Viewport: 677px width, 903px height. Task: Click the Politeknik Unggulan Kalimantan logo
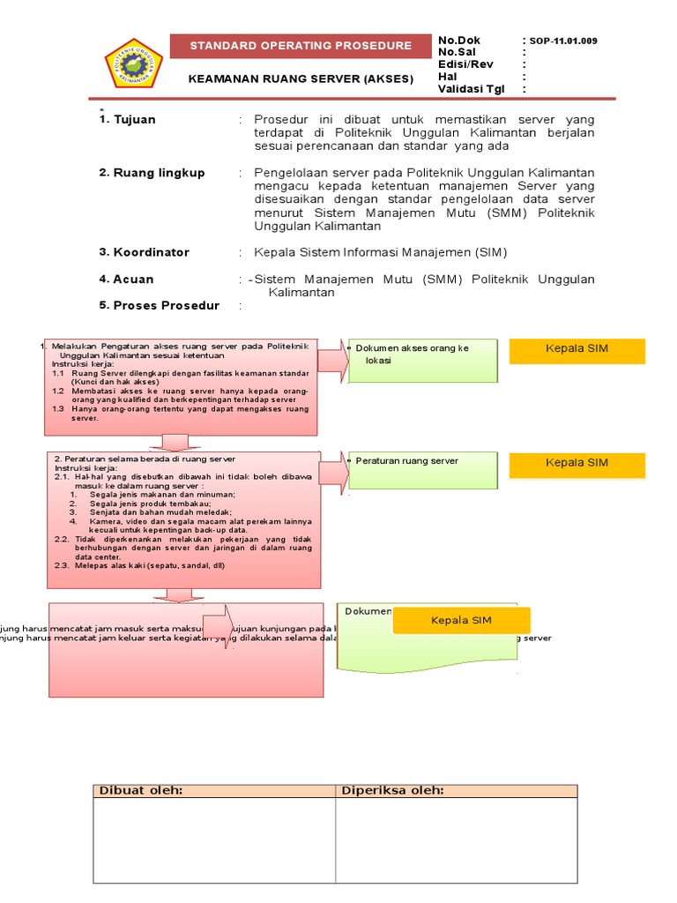(133, 63)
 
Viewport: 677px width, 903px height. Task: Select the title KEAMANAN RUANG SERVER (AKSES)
(301, 78)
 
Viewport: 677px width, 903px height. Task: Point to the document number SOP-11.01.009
(563, 41)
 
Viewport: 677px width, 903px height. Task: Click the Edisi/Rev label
(465, 64)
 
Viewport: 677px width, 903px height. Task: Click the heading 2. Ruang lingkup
(152, 173)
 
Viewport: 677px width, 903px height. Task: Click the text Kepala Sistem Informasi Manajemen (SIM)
(381, 253)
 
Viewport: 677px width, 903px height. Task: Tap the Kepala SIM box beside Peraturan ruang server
(577, 464)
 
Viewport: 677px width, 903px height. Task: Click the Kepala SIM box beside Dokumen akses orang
(577, 350)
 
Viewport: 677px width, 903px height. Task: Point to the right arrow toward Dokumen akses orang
(333, 360)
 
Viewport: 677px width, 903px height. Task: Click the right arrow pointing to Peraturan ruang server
(333, 469)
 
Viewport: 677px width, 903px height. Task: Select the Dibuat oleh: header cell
(214, 791)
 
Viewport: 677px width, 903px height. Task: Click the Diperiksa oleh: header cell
(456, 791)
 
